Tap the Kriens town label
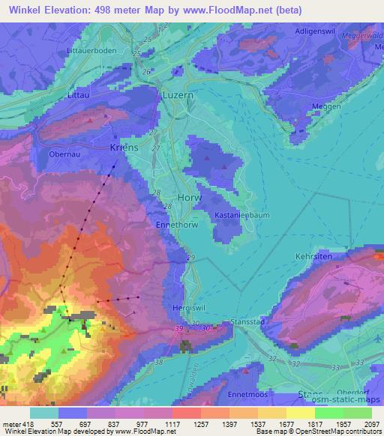pos(124,148)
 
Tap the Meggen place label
pos(326,106)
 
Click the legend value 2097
pos(371,424)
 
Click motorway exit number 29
pos(190,258)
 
